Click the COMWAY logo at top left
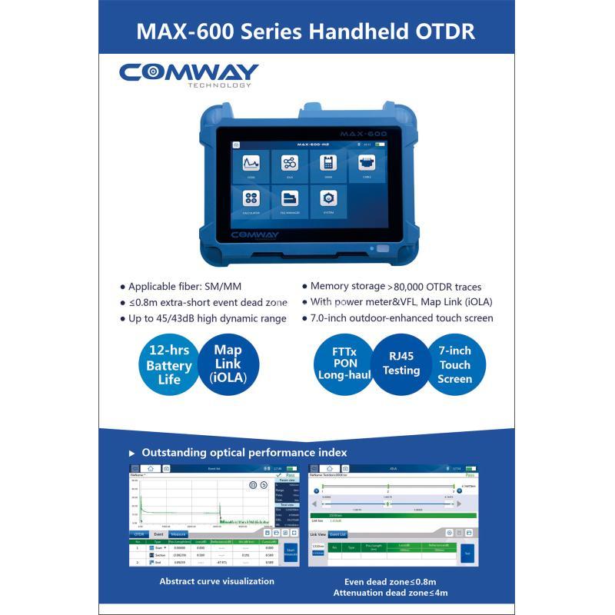[188, 74]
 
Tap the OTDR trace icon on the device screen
[251, 163]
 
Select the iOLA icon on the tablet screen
[290, 163]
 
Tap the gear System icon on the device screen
[327, 198]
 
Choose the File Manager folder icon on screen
[290, 198]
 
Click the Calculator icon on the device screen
[251, 198]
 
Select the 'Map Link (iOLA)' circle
[227, 363]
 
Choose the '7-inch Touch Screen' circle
[455, 364]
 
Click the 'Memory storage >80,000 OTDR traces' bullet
[396, 285]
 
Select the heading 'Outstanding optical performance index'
[244, 453]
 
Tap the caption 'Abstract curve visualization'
[217, 581]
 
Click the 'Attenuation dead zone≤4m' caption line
[391, 593]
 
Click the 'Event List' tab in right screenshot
[338, 534]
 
